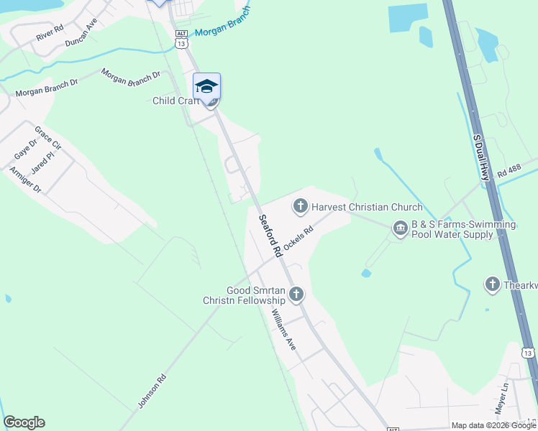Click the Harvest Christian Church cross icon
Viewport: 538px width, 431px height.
point(299,207)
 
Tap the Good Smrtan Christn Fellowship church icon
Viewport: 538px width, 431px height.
point(296,294)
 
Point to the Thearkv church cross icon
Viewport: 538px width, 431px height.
point(492,284)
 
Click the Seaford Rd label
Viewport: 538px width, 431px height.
point(270,236)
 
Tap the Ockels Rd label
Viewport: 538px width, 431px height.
point(299,238)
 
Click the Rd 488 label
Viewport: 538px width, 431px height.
point(509,171)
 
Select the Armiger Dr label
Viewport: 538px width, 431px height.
point(25,180)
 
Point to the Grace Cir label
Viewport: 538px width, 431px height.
point(48,139)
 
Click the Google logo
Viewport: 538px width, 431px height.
point(24,422)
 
